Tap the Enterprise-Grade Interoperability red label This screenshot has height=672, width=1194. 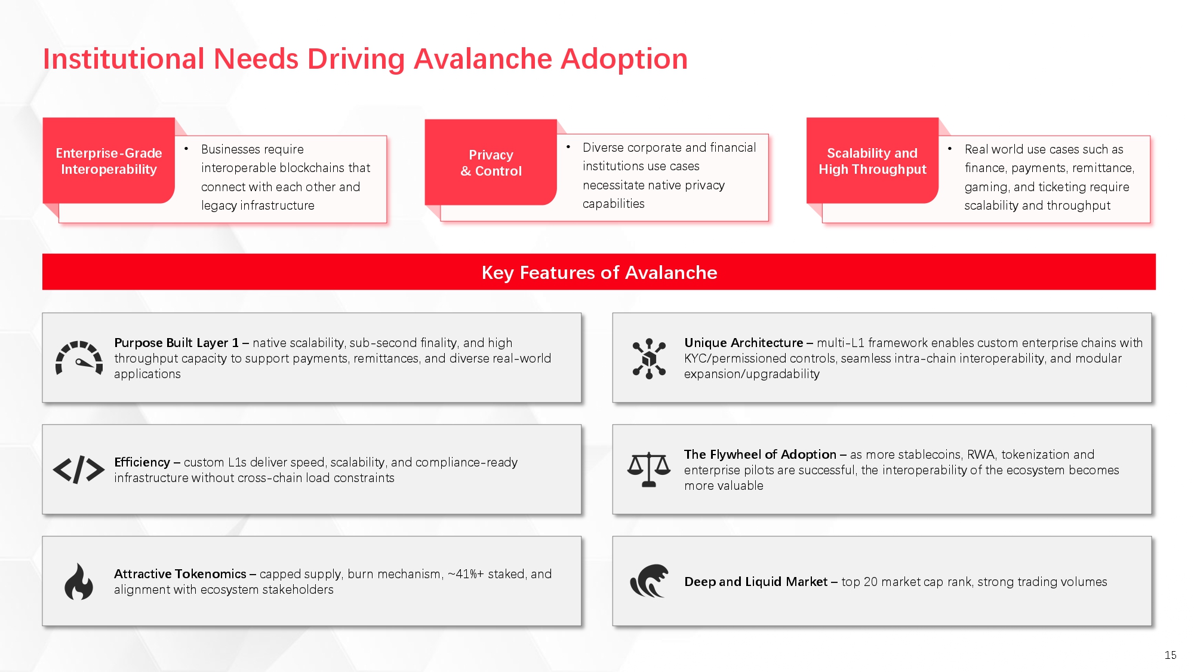(109, 161)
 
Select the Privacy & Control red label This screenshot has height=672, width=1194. (491, 162)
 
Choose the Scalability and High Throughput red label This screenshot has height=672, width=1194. (872, 161)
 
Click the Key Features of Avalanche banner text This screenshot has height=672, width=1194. (599, 272)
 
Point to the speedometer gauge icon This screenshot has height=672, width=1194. (79, 358)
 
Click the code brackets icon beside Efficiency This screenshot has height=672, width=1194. (79, 470)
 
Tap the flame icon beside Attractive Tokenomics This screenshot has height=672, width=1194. (79, 581)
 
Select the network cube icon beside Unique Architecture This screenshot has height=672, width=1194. (649, 358)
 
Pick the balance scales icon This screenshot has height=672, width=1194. (649, 470)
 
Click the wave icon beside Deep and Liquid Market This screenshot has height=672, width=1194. (649, 581)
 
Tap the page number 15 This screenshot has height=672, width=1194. (1170, 655)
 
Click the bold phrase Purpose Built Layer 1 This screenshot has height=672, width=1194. (176, 343)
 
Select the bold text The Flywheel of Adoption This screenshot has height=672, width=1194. (760, 455)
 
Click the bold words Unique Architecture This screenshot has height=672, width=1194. (744, 343)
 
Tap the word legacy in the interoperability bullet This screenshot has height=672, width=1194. (219, 206)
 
